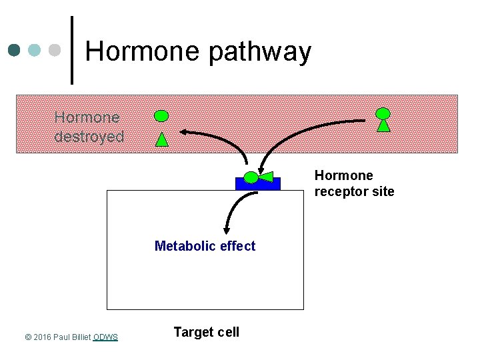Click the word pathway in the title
click(x=259, y=53)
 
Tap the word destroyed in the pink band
click(x=89, y=137)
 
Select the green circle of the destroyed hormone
click(x=161, y=116)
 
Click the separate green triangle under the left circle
click(x=162, y=139)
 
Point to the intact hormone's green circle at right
click(x=383, y=113)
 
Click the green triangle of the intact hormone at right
click(x=383, y=125)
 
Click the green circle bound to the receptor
click(x=251, y=177)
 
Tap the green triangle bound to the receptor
click(x=266, y=177)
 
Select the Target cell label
click(x=206, y=332)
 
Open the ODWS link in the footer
click(x=105, y=337)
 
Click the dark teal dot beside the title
click(x=15, y=50)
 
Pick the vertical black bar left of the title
click(x=71, y=50)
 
